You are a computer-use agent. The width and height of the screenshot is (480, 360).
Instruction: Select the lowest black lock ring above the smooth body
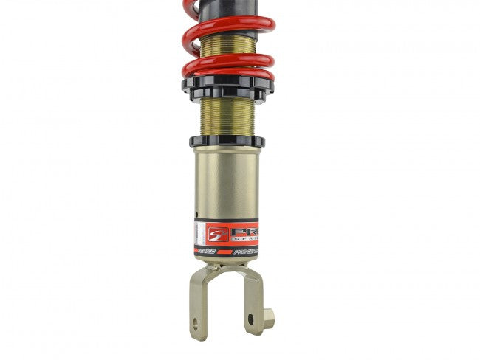[x=227, y=140]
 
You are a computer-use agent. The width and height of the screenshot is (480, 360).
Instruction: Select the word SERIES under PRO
[x=245, y=238]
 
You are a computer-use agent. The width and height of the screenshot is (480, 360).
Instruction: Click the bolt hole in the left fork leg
[x=196, y=323]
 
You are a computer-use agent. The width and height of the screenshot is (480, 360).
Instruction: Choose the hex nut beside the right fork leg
[x=268, y=319]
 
